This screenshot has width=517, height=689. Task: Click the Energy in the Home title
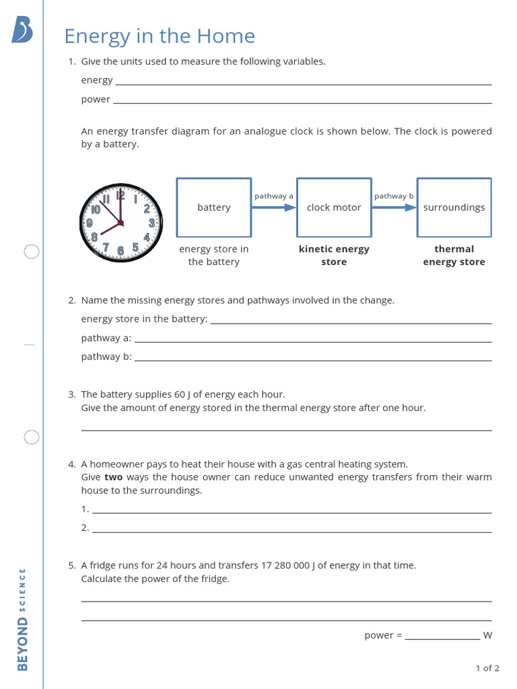(x=159, y=36)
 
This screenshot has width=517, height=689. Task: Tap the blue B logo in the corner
(x=22, y=30)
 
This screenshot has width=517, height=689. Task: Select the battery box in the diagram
(x=213, y=207)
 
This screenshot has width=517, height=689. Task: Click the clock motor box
(x=334, y=207)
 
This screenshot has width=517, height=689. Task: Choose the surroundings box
(x=454, y=207)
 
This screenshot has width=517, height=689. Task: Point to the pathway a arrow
(x=273, y=207)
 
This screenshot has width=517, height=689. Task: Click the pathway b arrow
(x=394, y=207)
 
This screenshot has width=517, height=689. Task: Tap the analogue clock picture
(x=121, y=223)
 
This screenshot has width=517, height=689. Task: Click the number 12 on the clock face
(x=120, y=196)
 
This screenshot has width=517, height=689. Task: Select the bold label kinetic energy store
(x=334, y=256)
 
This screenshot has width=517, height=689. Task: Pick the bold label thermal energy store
(x=454, y=256)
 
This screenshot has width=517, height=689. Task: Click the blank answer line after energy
(x=303, y=83)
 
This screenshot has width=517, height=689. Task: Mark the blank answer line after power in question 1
(x=302, y=102)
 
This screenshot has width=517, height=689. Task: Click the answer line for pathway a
(x=313, y=341)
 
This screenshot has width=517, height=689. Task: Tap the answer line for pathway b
(x=313, y=360)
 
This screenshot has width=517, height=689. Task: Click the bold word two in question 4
(x=113, y=477)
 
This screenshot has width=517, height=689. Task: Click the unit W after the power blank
(x=487, y=635)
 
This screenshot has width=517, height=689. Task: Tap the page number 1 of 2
(x=487, y=668)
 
